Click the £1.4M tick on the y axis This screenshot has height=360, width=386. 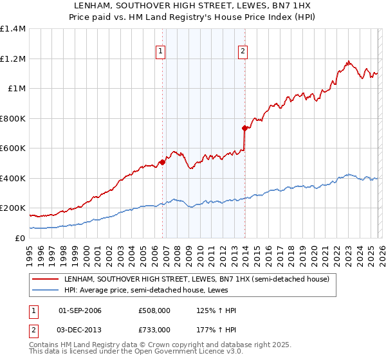point(13,29)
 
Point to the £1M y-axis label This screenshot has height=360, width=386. point(17,89)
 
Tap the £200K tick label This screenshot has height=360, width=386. point(13,208)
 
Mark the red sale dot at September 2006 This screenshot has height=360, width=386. point(162,162)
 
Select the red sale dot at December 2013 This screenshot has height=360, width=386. point(244,129)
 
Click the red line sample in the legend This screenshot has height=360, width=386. point(45,279)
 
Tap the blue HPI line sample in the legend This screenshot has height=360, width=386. point(45,290)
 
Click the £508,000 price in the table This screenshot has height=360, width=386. point(154,310)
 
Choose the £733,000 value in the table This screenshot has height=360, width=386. point(154,329)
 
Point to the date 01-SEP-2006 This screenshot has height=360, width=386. point(80,310)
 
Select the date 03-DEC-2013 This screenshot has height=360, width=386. point(80,329)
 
